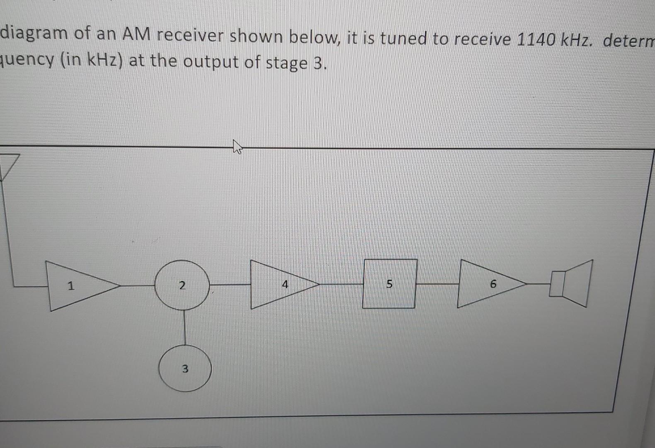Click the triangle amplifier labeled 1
[79, 286]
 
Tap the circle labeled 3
[185, 368]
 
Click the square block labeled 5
[389, 284]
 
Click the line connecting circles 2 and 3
[184, 328]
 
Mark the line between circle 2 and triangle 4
[230, 285]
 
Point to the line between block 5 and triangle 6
[437, 284]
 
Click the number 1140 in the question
[535, 40]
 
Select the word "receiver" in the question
[190, 37]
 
